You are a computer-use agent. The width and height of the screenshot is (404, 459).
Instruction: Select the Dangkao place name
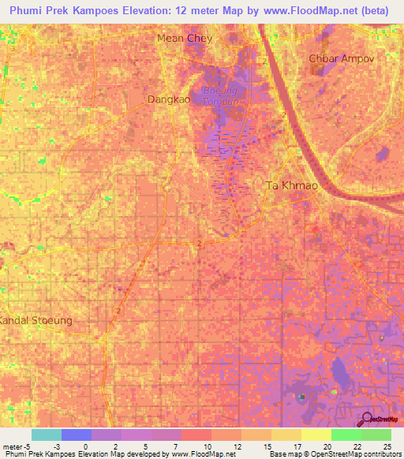(x=168, y=100)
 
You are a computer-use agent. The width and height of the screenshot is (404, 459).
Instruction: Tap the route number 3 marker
(x=13, y=48)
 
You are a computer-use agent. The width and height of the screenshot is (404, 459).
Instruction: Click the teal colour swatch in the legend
(x=47, y=435)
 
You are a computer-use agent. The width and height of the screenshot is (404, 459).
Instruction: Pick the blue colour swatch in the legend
(x=77, y=435)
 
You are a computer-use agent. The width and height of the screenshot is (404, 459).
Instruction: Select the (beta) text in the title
(x=372, y=12)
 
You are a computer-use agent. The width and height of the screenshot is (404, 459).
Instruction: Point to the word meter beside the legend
(x=12, y=446)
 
